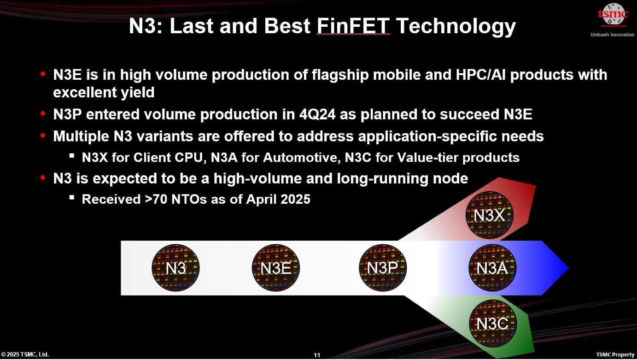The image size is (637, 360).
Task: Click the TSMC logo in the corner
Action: (613, 14)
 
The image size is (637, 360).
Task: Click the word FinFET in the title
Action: (353, 26)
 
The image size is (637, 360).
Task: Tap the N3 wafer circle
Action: (175, 267)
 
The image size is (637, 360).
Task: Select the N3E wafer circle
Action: (275, 267)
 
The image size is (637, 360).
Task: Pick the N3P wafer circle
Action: (382, 267)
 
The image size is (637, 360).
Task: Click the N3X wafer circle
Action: (490, 215)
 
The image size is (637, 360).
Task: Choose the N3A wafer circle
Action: (492, 267)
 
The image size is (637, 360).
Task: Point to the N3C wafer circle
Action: (492, 323)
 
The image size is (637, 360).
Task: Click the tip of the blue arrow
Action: (568, 268)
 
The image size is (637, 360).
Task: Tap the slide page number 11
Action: (317, 355)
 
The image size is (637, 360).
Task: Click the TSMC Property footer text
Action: (615, 354)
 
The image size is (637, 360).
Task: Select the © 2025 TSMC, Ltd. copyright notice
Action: (25, 354)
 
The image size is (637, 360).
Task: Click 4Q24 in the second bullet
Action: (317, 114)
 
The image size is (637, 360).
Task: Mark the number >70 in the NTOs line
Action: (156, 199)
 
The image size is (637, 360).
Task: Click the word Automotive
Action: (302, 157)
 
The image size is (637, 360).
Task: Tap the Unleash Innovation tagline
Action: (612, 35)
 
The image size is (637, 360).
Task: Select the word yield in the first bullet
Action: (138, 93)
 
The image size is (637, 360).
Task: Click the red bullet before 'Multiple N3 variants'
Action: (43, 136)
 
